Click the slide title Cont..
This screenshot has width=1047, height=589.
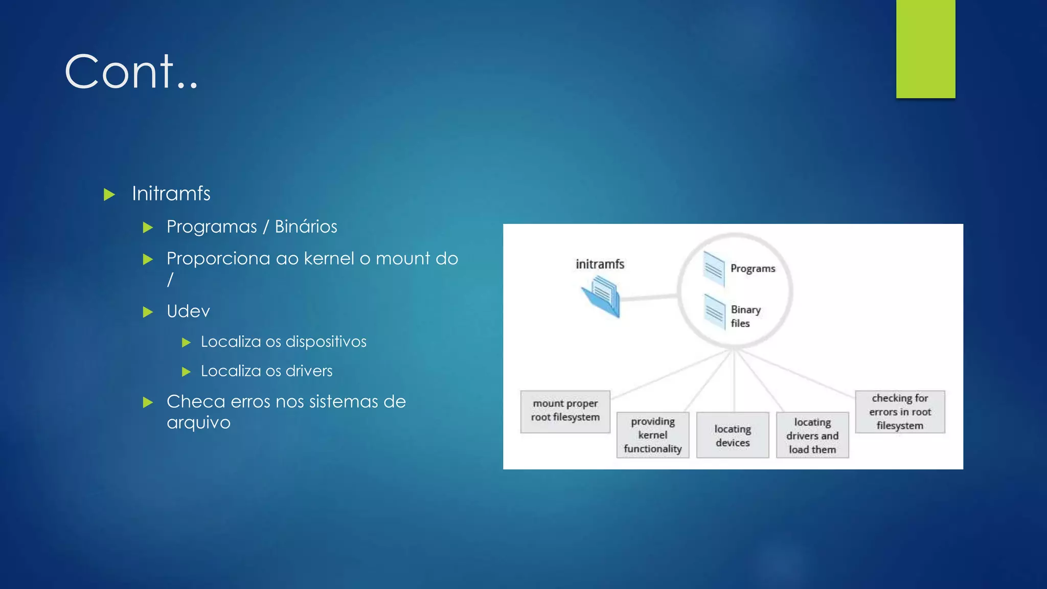(131, 72)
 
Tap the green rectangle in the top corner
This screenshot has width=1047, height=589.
(925, 49)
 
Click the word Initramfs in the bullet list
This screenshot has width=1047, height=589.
(171, 194)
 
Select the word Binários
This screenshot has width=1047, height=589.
(306, 226)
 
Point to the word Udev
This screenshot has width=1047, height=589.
(188, 311)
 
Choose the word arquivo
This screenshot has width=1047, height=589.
(198, 423)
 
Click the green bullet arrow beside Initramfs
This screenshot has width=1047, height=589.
(109, 194)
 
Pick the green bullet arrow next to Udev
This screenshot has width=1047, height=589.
(148, 312)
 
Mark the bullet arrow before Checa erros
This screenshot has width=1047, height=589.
(148, 402)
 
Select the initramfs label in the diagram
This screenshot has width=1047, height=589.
(600, 264)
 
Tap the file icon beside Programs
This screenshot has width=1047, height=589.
(713, 268)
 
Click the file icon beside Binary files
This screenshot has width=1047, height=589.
(714, 311)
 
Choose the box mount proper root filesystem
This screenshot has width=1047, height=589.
(565, 411)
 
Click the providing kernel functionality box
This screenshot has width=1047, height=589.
(652, 435)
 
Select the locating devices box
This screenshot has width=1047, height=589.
(732, 436)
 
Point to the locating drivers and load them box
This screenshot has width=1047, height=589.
(812, 436)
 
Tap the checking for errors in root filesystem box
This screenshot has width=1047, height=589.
(900, 412)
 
